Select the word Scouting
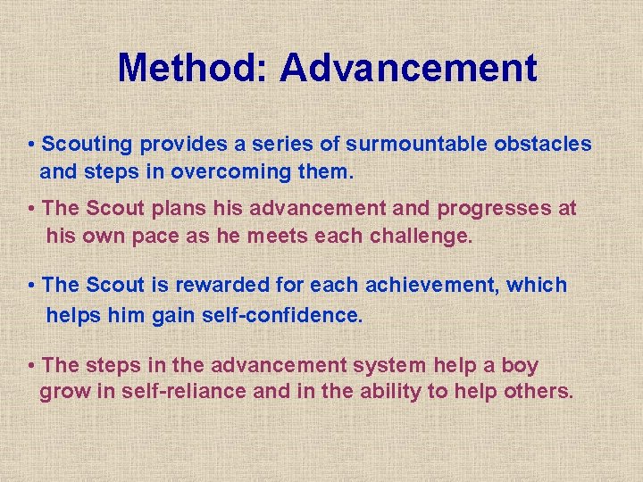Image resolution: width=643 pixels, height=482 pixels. click(x=87, y=144)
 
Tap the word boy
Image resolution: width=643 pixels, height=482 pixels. click(x=520, y=365)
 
